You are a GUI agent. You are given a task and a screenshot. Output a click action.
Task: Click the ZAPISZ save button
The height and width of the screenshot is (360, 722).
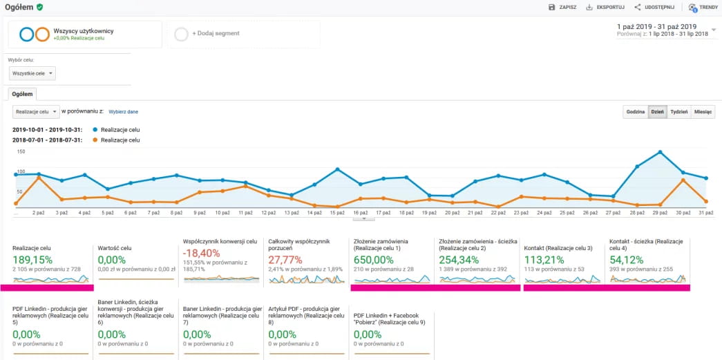562,7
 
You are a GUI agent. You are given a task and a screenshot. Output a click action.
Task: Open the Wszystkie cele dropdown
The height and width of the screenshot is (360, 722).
32,73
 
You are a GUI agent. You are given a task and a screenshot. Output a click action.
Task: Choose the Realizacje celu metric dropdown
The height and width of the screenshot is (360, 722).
36,111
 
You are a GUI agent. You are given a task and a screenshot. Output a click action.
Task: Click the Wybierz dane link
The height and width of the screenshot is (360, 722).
124,111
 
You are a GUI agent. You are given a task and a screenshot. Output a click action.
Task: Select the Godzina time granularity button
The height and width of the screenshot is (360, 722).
635,111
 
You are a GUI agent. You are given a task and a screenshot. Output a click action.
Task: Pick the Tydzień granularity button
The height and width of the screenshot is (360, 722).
678,111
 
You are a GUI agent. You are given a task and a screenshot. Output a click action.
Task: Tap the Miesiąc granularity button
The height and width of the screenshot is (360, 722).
703,111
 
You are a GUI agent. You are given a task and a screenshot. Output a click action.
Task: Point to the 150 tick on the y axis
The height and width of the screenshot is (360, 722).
21,151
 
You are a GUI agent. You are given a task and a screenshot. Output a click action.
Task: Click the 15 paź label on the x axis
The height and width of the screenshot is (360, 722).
337,213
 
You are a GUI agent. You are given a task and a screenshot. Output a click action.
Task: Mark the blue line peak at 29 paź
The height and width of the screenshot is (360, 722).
661,151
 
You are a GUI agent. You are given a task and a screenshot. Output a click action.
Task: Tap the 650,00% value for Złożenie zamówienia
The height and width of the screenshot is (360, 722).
373,260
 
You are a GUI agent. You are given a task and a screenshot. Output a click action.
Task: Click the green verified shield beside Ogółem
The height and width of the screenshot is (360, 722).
39,7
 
